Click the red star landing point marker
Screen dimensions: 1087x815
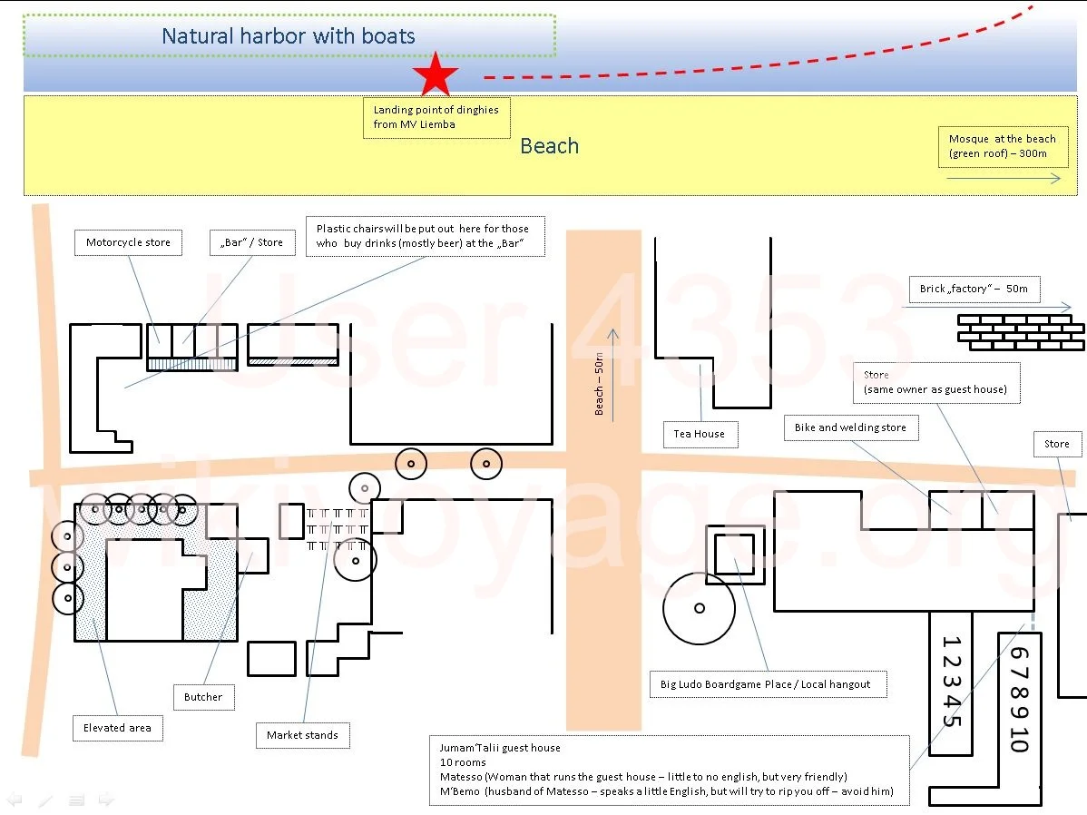click(x=436, y=74)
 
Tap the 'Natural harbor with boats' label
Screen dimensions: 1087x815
click(x=289, y=36)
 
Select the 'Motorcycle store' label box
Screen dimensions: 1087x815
click(x=128, y=242)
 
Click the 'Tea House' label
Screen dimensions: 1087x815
click(x=700, y=434)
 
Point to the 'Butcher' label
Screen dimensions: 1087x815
click(x=203, y=697)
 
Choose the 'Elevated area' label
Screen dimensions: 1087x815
click(x=117, y=728)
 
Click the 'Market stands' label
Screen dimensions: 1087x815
click(x=302, y=735)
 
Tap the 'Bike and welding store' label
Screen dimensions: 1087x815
click(x=850, y=427)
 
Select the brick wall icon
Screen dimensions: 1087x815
click(x=1021, y=332)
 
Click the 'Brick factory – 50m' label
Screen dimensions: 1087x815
click(x=974, y=290)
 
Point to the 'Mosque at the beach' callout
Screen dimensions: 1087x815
click(x=1004, y=146)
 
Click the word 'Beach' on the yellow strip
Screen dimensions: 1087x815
click(x=549, y=146)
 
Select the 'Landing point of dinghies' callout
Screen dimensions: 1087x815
click(x=436, y=117)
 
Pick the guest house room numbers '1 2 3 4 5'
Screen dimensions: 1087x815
click(x=952, y=681)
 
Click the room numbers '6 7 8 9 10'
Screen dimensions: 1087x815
click(x=1019, y=699)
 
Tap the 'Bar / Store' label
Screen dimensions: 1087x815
click(x=252, y=242)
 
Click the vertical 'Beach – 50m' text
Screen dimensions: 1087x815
click(x=599, y=384)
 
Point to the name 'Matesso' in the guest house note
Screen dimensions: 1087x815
click(x=461, y=777)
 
